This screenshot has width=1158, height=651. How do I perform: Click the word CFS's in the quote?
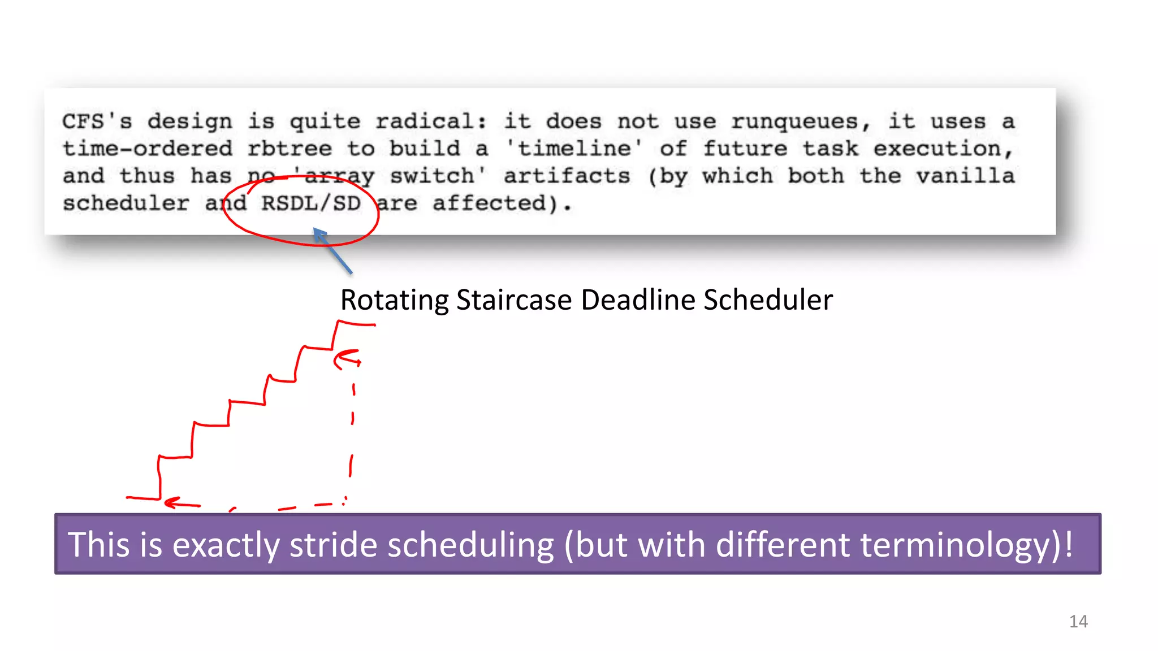(x=97, y=121)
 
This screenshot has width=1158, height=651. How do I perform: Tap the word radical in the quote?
(x=430, y=121)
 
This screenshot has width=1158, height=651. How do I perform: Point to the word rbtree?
(x=289, y=149)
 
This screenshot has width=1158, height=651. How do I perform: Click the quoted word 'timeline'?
(x=574, y=149)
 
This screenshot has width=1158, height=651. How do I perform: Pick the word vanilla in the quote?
(x=965, y=176)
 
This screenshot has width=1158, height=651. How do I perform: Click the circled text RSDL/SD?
(x=310, y=203)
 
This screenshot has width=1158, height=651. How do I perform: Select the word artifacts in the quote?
(x=567, y=176)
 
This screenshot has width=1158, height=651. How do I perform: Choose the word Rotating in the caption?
(x=395, y=300)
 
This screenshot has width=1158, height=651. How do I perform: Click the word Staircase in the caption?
(x=514, y=300)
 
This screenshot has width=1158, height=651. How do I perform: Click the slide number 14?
(x=1078, y=622)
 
